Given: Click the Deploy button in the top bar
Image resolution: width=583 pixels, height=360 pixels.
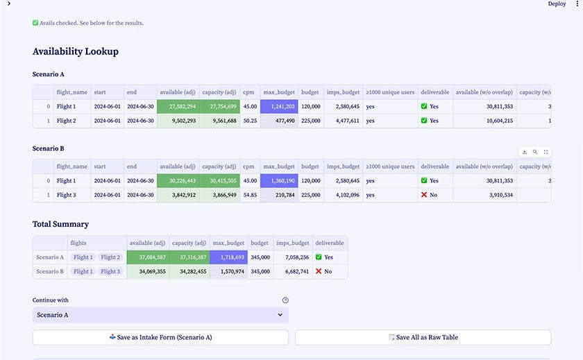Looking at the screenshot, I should coord(557,4).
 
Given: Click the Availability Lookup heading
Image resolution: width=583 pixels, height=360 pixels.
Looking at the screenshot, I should coord(76,51).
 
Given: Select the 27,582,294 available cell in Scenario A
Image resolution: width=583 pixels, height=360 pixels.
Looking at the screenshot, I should coord(178,107).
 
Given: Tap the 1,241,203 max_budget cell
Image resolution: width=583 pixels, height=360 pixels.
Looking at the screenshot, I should coord(279,107).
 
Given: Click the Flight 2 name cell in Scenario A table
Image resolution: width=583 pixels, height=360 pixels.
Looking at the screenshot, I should coord(66,121).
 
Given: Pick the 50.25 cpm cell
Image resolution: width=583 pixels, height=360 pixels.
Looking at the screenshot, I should coord(250,121).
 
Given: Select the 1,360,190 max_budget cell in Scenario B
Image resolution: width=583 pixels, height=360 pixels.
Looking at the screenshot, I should coord(279,181).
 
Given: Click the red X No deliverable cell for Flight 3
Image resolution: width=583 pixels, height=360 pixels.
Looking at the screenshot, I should coord(430,195).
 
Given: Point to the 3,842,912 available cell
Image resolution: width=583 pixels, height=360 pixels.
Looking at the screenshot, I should coord(178,195).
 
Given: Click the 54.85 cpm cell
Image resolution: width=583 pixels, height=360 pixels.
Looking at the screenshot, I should coord(250,195).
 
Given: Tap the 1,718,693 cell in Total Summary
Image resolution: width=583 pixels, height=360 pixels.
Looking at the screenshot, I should coord(229,257).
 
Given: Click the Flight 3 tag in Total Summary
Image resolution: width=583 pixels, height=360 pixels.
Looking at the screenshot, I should coord(110,271).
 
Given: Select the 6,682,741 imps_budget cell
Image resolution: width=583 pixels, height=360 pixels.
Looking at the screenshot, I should coord(292,271).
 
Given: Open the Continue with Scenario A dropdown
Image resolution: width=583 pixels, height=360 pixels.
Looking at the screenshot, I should coord(160,315).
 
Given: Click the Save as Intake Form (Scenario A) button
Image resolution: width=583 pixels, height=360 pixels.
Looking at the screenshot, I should coord(160,337).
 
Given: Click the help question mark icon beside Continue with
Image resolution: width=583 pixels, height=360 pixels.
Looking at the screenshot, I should coord(285,300).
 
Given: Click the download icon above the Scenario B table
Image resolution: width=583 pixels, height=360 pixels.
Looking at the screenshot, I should coord(525,152).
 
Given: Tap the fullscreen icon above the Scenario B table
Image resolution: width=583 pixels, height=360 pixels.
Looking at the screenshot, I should coord(546,152).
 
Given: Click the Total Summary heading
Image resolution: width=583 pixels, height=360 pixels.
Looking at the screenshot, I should coord(60,224).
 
